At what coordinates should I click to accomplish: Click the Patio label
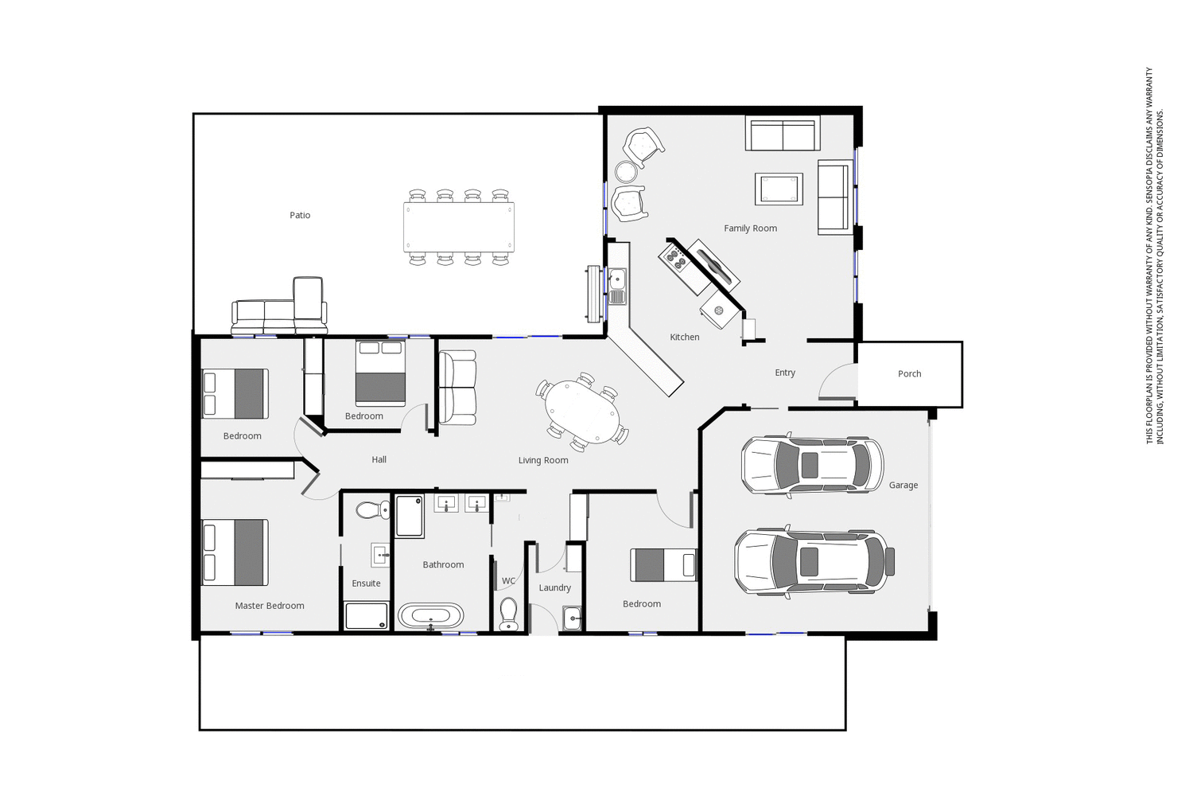tap(300, 215)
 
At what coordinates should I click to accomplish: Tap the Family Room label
tap(750, 228)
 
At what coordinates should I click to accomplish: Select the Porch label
tap(909, 374)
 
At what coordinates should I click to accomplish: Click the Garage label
tap(903, 485)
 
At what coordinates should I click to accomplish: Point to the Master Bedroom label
tap(270, 606)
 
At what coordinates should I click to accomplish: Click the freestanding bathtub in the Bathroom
tap(430, 616)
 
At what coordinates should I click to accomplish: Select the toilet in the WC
tap(508, 614)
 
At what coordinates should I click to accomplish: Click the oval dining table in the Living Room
tap(582, 412)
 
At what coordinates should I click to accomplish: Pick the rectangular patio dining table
tap(458, 227)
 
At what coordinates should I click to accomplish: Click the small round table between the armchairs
tap(626, 172)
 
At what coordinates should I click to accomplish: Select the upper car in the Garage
tap(811, 466)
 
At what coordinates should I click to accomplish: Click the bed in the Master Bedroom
tap(235, 552)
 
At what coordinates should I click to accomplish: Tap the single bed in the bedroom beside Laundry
tap(663, 565)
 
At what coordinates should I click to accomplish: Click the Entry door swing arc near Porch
tap(835, 380)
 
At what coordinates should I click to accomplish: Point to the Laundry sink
tap(573, 618)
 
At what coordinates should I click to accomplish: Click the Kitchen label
tap(684, 338)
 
